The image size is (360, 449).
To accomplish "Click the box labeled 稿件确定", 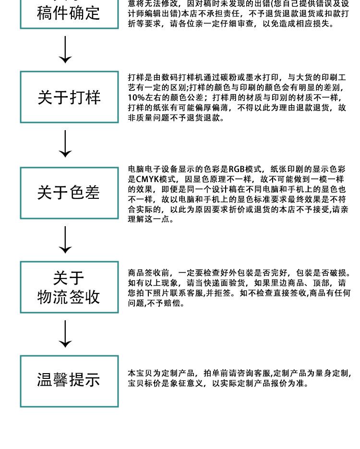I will click(69, 13).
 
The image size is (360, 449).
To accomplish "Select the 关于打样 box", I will click(69, 97).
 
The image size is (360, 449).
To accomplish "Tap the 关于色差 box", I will click(69, 193).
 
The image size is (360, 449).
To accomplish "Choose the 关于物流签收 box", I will click(69, 287).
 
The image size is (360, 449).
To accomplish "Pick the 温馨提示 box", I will click(69, 380).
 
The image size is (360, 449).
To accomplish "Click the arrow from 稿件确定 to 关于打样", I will click(65, 49).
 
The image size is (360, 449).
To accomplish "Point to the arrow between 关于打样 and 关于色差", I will click(65, 144).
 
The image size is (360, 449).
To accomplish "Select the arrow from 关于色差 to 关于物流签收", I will click(65, 240).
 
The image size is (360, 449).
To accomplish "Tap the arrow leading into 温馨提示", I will click(65, 334).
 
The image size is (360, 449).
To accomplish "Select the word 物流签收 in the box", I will click(69, 297).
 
